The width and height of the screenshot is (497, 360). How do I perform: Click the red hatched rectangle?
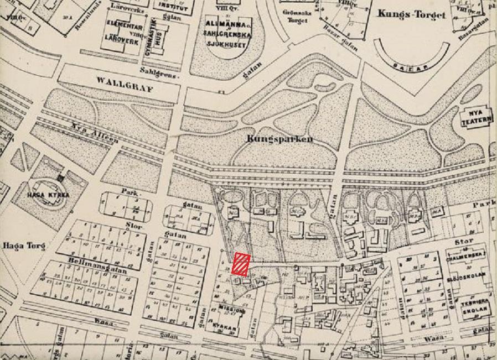[241, 264]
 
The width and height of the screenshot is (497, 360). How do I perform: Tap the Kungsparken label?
[279, 139]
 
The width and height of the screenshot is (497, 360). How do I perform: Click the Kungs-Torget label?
[411, 14]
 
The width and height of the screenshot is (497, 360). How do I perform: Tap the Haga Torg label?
[23, 246]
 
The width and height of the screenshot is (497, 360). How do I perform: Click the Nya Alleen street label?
[94, 133]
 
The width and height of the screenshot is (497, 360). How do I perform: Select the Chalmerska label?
[466, 254]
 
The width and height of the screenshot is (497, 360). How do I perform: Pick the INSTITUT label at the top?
[173, 4]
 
